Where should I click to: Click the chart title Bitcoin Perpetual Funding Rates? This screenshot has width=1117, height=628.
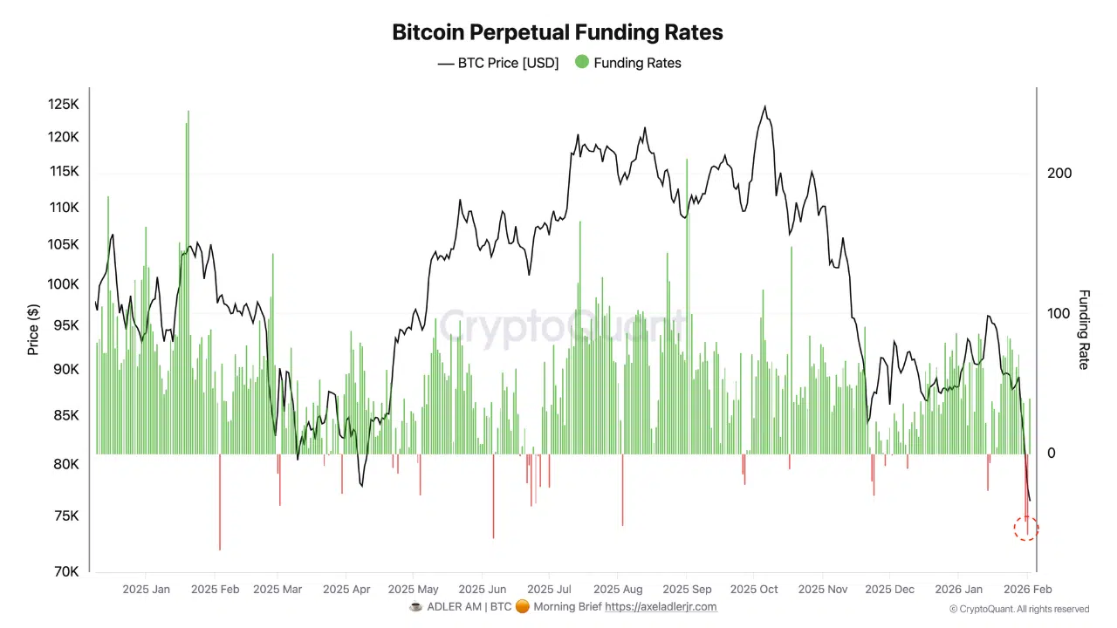[x=558, y=32]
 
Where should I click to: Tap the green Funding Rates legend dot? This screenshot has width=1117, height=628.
[x=581, y=63]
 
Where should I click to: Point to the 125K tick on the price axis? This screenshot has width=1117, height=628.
[x=64, y=105]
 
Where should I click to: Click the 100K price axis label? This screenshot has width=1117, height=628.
[x=64, y=284]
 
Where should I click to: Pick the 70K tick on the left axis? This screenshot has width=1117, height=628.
[x=66, y=571]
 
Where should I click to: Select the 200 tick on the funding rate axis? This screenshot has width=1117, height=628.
[x=1059, y=174]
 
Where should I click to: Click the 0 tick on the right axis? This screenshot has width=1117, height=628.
[x=1052, y=454]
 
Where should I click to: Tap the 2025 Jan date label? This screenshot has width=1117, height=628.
[x=147, y=590]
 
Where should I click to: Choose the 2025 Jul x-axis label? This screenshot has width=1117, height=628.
[x=550, y=590]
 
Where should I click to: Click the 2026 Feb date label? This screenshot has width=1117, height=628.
[x=1027, y=590]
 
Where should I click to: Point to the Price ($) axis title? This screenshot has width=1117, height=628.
[x=33, y=330]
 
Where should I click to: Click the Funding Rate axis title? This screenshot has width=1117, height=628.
[x=1084, y=330]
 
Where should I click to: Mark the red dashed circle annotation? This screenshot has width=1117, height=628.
[x=1026, y=528]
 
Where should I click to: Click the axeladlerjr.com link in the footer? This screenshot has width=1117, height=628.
[x=661, y=607]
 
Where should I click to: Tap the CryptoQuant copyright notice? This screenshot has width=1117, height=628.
[x=1019, y=610]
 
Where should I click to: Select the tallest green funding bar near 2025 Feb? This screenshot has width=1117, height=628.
[x=188, y=122]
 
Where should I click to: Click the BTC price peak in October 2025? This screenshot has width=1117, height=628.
[x=765, y=107]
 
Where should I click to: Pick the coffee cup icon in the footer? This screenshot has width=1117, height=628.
[x=415, y=607]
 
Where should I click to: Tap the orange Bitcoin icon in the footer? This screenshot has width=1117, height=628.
[x=521, y=607]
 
